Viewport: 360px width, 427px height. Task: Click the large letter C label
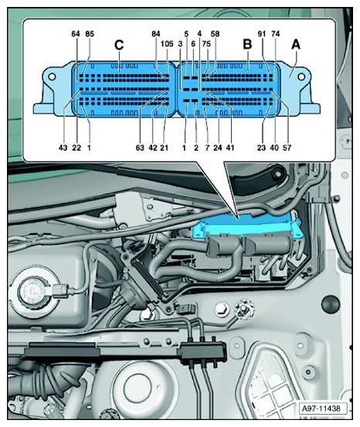(119, 45)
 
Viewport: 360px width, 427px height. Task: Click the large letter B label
(247, 44)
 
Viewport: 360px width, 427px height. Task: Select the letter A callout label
(296, 44)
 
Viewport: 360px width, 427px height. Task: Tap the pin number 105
(167, 43)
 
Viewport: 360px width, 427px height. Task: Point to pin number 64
(76, 34)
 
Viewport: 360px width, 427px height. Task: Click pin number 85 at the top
(90, 34)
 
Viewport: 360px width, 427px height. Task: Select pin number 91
(262, 34)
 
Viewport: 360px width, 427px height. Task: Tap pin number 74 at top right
(276, 34)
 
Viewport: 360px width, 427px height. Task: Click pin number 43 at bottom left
(63, 147)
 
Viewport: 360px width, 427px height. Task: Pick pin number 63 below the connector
(140, 147)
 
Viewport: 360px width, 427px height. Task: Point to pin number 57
(287, 147)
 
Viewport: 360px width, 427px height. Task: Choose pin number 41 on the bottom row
(230, 147)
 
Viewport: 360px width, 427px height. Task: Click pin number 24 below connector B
(218, 147)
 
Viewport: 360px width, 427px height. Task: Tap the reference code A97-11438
(321, 408)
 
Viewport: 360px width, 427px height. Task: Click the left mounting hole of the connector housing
(52, 76)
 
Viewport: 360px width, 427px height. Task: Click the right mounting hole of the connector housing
(301, 76)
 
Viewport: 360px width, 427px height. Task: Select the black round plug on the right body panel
(331, 303)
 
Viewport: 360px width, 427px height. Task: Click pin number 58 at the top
(215, 34)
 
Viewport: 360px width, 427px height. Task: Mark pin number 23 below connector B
(261, 147)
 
